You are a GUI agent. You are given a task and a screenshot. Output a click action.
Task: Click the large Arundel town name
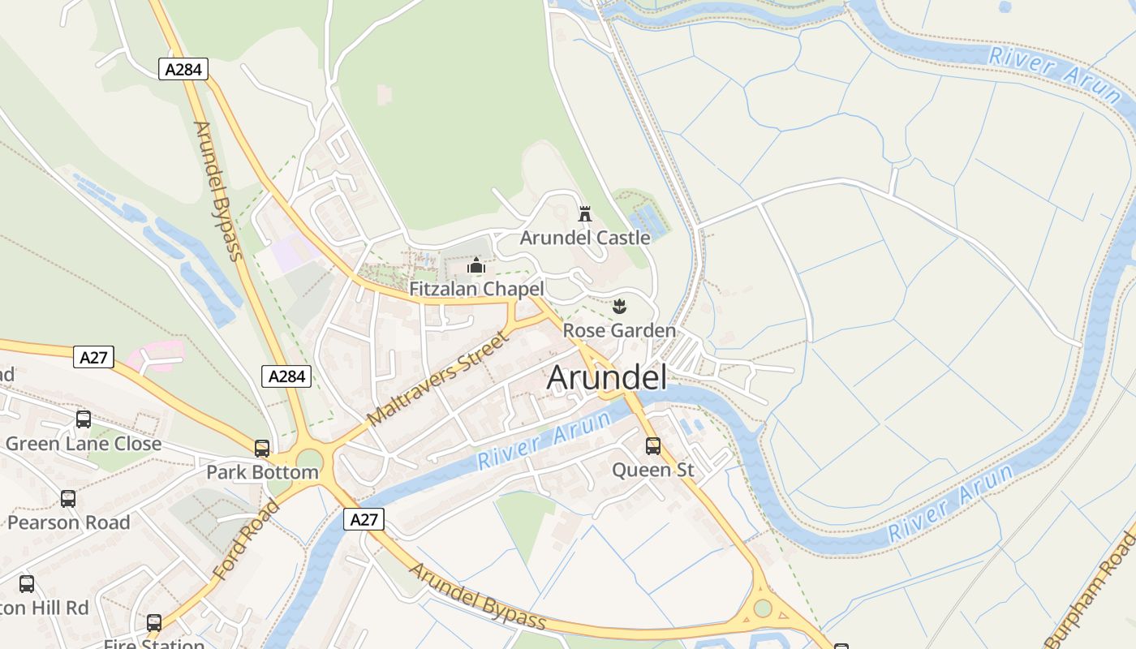pyautogui.click(x=607, y=378)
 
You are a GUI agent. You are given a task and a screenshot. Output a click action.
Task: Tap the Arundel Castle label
pyautogui.click(x=585, y=238)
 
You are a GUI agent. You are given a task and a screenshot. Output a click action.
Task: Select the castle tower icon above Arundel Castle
pyautogui.click(x=584, y=214)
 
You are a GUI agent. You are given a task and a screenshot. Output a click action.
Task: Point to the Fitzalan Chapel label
pyautogui.click(x=476, y=289)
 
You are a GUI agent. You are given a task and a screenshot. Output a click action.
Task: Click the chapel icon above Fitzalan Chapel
pyautogui.click(x=476, y=265)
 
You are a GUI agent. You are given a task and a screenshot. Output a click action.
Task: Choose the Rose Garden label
pyautogui.click(x=619, y=330)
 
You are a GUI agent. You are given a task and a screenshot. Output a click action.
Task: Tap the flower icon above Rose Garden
pyautogui.click(x=620, y=307)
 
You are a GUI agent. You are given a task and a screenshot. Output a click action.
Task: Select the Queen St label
pyautogui.click(x=653, y=470)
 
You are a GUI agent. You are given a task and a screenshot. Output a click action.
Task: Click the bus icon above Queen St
pyautogui.click(x=653, y=446)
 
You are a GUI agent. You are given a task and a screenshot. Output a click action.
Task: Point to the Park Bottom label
pyautogui.click(x=262, y=472)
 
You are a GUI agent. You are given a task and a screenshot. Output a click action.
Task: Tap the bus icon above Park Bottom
pyautogui.click(x=262, y=449)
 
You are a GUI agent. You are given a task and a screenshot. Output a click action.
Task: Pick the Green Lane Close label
pyautogui.click(x=84, y=444)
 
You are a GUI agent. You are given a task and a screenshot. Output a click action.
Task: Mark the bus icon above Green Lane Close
pyautogui.click(x=84, y=419)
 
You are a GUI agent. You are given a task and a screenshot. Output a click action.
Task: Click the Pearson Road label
pyautogui.click(x=68, y=522)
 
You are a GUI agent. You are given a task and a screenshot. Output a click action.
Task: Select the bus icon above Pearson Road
pyautogui.click(x=68, y=499)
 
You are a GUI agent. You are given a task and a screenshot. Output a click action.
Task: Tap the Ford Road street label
pyautogui.click(x=246, y=539)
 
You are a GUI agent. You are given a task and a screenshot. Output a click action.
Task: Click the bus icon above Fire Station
pyautogui.click(x=154, y=623)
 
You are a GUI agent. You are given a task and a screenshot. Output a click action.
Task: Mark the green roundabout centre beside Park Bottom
pyautogui.click(x=309, y=462)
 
